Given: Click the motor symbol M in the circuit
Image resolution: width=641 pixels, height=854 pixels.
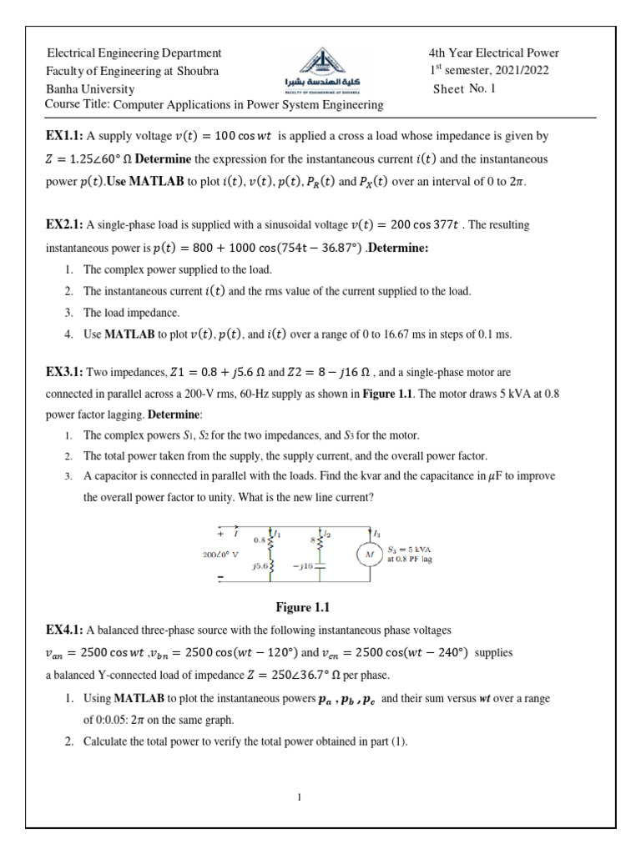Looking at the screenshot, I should [368, 555].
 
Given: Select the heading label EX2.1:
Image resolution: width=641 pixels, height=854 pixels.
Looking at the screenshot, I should [65, 225].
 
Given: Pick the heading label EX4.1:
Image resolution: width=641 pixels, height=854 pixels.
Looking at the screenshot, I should [65, 629].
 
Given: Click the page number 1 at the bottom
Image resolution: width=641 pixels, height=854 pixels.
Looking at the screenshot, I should [299, 797].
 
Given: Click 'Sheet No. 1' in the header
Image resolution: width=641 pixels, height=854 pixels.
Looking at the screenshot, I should [464, 89].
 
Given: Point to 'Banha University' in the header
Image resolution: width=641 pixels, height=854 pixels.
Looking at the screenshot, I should [90, 89].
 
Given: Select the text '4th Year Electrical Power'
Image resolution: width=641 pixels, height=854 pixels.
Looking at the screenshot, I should [493, 53].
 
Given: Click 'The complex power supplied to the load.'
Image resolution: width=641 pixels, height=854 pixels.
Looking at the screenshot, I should [178, 269].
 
